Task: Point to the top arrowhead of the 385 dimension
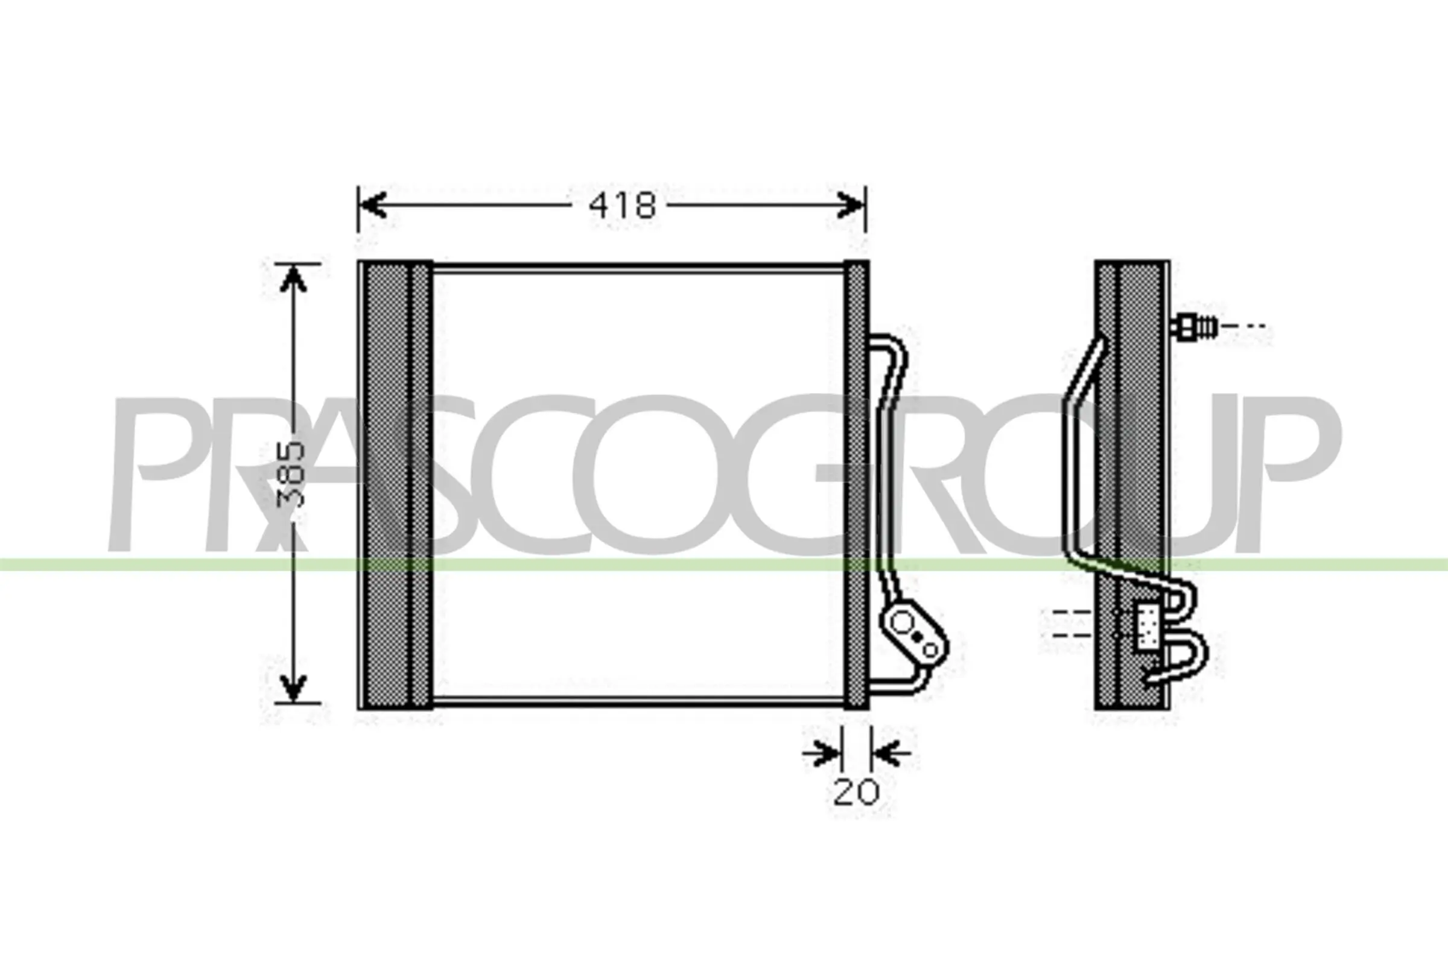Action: click(x=294, y=280)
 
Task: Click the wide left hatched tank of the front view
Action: click(x=394, y=486)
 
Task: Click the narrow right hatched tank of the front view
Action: click(x=856, y=486)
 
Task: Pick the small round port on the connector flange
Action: click(x=930, y=650)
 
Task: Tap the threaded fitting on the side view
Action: click(x=1195, y=326)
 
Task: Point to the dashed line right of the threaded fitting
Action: click(x=1243, y=326)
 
